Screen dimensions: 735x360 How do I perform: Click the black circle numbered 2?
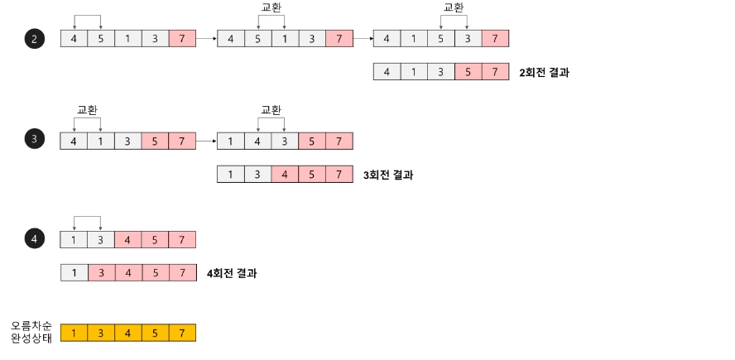34,39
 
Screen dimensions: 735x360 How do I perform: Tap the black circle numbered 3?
34,139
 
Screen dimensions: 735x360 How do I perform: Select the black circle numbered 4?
34,240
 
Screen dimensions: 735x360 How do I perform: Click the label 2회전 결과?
544,72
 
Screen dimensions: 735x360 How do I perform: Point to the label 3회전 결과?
387,175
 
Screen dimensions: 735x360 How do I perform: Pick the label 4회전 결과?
232,272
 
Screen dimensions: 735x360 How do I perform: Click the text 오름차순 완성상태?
31,333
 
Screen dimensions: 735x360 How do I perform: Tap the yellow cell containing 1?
74,333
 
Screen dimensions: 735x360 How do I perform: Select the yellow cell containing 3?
101,333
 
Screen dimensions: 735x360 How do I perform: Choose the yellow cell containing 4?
128,333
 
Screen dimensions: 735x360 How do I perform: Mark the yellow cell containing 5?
156,333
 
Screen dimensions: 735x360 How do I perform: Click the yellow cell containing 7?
182,333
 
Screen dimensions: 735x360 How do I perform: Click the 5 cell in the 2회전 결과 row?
468,72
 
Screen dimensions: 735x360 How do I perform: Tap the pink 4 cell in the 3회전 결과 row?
285,175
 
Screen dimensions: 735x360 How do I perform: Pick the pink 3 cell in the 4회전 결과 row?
101,272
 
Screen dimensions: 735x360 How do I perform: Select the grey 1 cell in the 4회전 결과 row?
74,272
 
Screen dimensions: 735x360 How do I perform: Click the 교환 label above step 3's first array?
87,110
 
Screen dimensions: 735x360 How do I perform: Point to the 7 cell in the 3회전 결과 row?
339,175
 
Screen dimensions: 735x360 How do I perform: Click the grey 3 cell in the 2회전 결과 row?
441,72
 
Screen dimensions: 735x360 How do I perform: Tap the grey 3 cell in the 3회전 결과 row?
257,175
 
